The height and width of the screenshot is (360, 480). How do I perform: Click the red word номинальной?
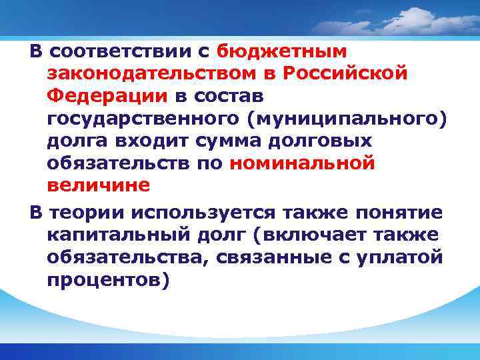point(301,163)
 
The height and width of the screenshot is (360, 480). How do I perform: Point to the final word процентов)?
point(109,281)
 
